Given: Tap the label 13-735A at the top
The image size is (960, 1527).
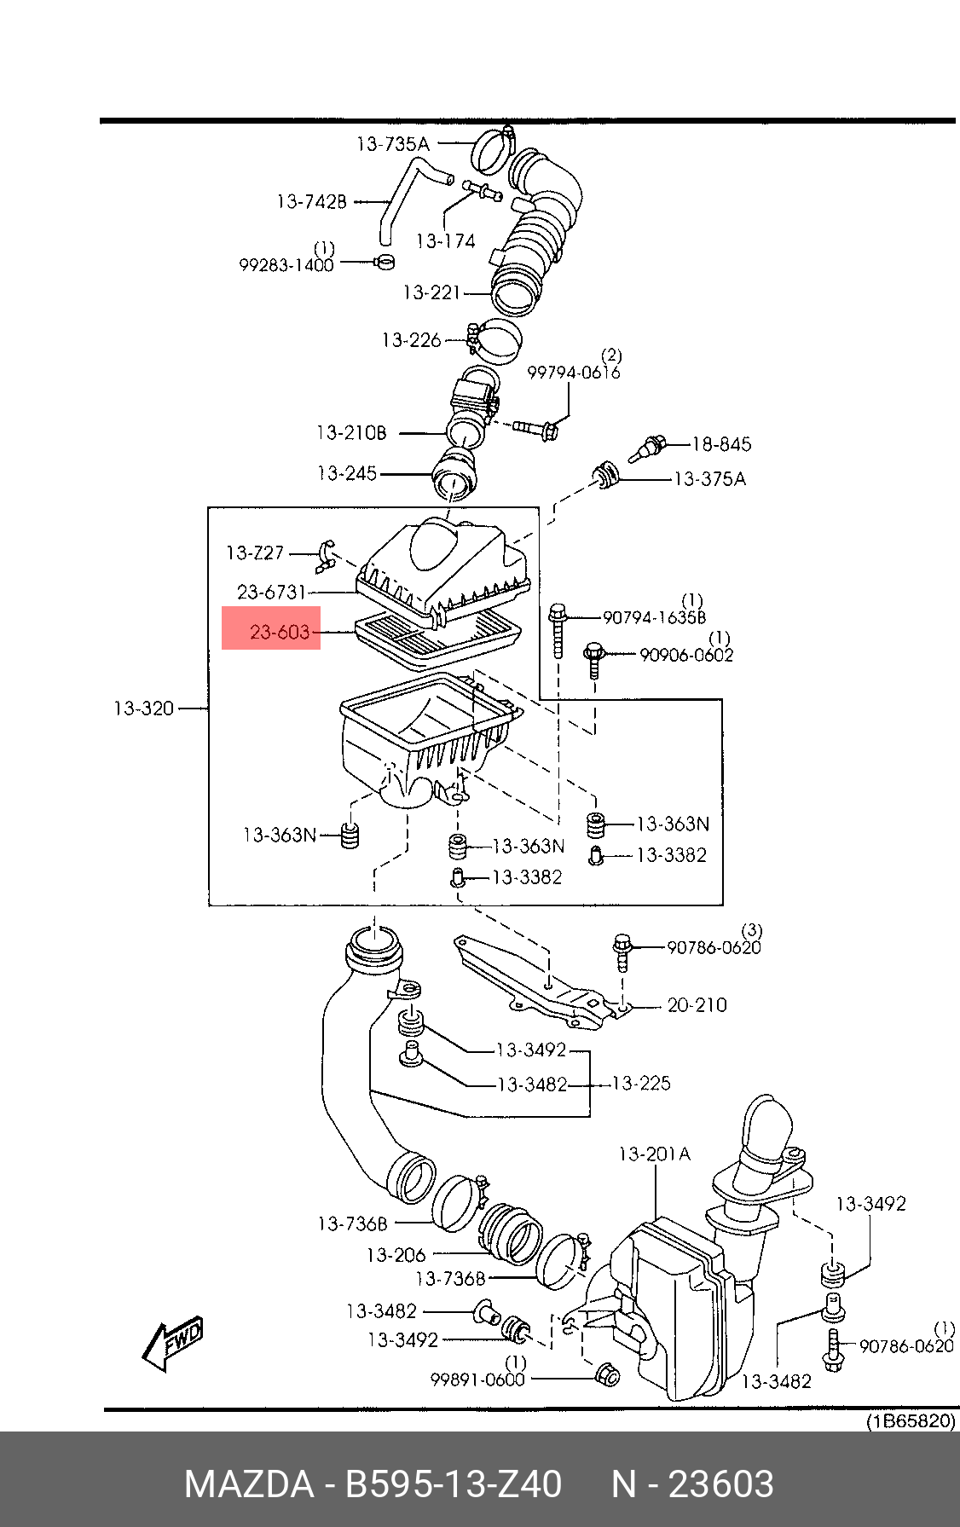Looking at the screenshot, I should pyautogui.click(x=392, y=144).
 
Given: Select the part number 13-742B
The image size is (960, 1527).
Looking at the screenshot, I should pyautogui.click(x=311, y=202).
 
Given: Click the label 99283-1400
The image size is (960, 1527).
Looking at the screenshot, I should pyautogui.click(x=286, y=265).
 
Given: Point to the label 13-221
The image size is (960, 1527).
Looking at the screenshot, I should pyautogui.click(x=431, y=292).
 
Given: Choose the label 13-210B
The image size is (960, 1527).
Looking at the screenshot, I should pyautogui.click(x=351, y=433).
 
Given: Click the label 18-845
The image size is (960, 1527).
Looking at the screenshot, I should pyautogui.click(x=721, y=444).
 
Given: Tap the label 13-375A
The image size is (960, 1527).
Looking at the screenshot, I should pyautogui.click(x=709, y=479).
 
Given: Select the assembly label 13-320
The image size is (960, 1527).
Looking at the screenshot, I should pyautogui.click(x=143, y=709).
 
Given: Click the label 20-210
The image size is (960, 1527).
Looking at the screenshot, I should pyautogui.click(x=697, y=1005).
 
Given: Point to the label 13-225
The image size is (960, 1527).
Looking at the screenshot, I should pyautogui.click(x=641, y=1084).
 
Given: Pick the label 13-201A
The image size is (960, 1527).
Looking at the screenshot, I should pyautogui.click(x=654, y=1154).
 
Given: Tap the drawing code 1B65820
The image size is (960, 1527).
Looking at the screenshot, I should pyautogui.click(x=911, y=1421).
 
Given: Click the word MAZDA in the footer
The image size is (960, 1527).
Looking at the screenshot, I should pyautogui.click(x=249, y=1484).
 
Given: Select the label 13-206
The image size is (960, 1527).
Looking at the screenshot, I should pyautogui.click(x=396, y=1255).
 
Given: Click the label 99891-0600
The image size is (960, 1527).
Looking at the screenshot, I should pyautogui.click(x=477, y=1380).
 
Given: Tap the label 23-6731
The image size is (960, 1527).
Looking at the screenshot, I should pyautogui.click(x=271, y=592).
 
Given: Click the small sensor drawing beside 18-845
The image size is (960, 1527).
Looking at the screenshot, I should pyautogui.click(x=648, y=449).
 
